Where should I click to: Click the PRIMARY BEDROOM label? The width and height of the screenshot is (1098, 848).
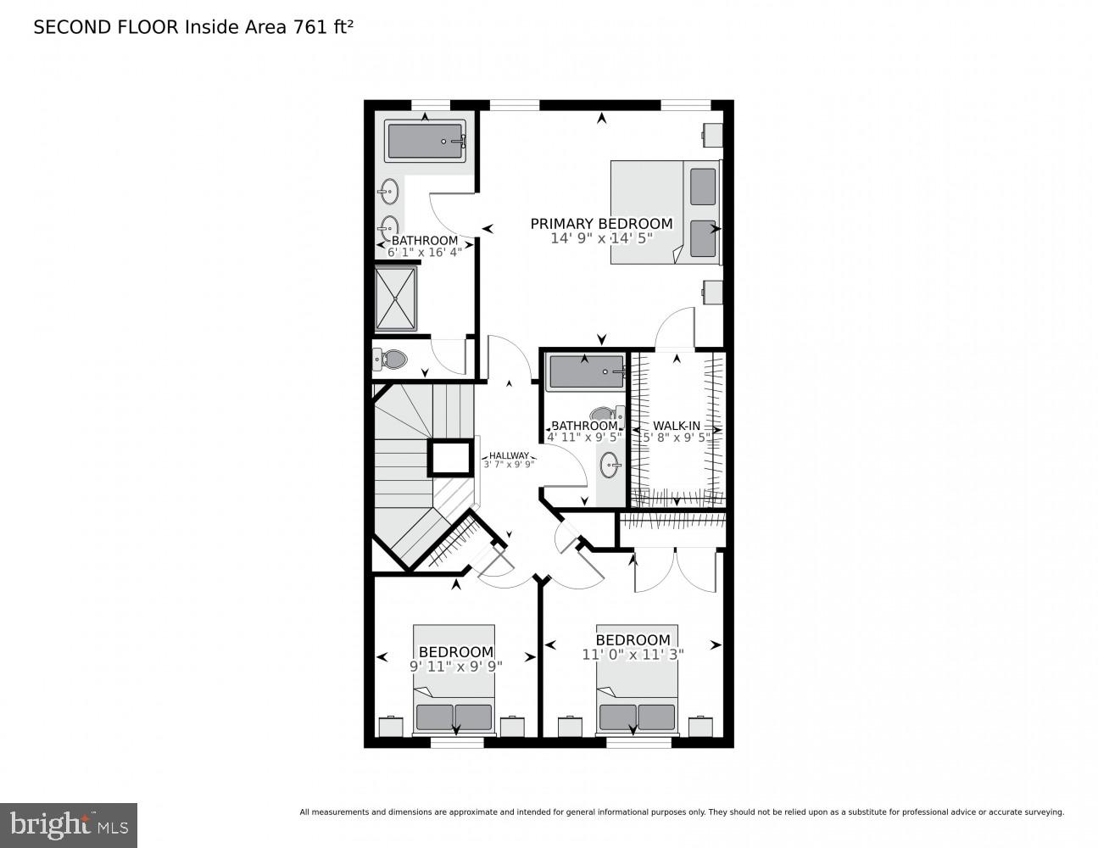pos(601,224)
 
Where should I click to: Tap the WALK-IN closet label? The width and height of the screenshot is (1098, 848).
pos(676,426)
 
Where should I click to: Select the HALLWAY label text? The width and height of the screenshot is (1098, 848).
pos(509,455)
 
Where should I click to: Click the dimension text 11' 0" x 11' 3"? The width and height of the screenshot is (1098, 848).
pos(633,654)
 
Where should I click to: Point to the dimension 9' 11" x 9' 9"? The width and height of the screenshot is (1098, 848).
pos(456,666)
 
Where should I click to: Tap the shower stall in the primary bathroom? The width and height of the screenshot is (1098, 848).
pos(396,298)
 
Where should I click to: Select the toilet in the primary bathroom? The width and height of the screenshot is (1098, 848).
pos(391,360)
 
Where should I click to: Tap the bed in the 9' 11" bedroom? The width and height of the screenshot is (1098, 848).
pos(454,678)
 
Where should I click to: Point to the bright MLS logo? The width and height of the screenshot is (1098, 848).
pos(68,825)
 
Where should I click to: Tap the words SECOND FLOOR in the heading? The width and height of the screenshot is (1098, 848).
pos(105,27)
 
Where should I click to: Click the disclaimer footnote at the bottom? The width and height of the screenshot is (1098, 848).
pos(681,812)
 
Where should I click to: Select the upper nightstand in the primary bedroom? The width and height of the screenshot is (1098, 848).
pos(712,134)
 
